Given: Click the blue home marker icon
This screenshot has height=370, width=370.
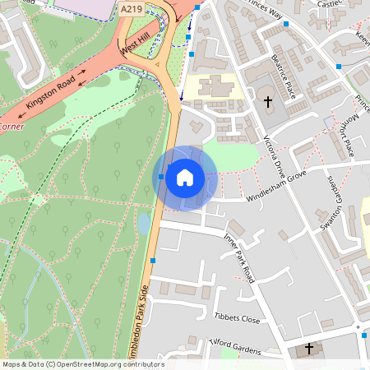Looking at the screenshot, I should [x=185, y=178].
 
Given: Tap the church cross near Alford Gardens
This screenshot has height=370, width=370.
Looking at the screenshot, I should [x=309, y=349].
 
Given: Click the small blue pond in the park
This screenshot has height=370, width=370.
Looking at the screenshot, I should [x=144, y=223].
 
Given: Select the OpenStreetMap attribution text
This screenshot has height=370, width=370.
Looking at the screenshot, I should [x=82, y=364].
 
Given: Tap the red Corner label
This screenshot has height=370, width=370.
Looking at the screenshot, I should [x=12, y=127].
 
